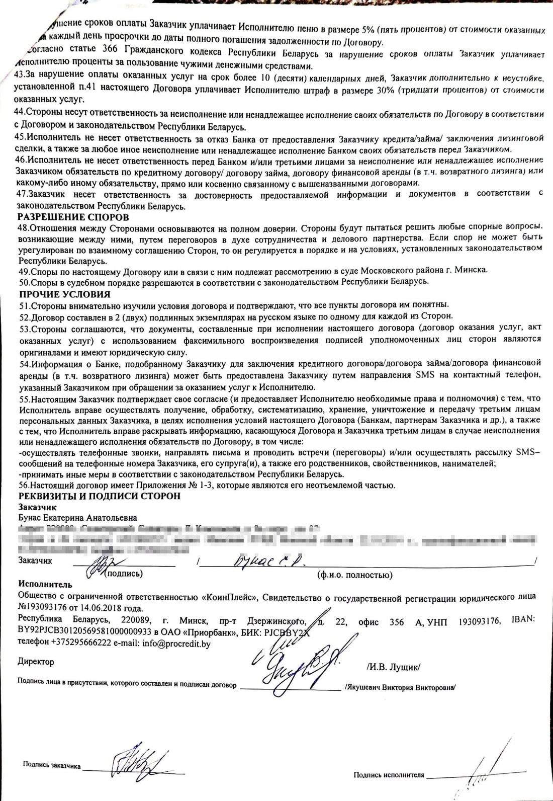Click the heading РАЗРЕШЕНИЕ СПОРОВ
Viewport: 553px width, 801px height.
(x=73, y=217)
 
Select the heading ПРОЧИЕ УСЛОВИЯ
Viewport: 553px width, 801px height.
(x=65, y=294)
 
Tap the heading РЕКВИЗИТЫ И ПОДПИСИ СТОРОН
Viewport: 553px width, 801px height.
(x=99, y=496)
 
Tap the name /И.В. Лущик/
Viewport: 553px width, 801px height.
(x=394, y=667)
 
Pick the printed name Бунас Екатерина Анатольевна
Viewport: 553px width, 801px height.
(x=77, y=518)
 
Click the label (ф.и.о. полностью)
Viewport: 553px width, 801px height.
(x=355, y=575)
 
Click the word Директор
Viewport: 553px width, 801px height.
(x=36, y=661)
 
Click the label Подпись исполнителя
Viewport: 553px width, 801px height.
(x=389, y=775)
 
